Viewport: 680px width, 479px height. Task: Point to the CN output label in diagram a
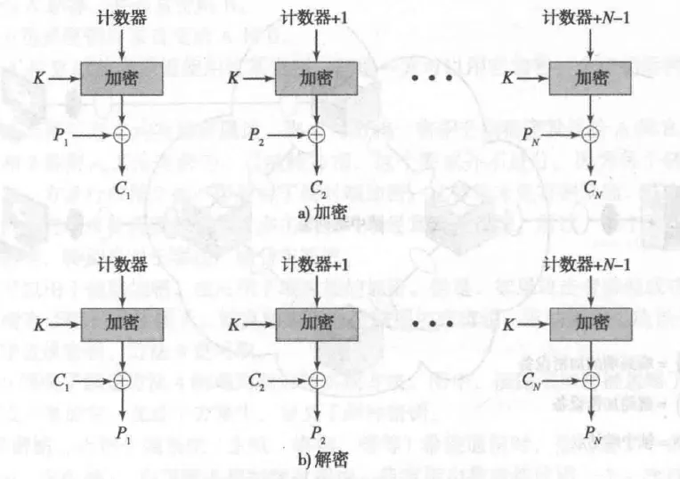pos(591,188)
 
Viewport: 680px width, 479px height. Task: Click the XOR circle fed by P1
pos(122,135)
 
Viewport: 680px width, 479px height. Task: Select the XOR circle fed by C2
pos(317,380)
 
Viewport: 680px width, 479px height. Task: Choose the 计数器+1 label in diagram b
pos(316,264)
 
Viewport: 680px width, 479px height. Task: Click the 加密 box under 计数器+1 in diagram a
pos(317,78)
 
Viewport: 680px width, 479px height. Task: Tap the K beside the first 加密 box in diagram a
pos(37,79)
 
